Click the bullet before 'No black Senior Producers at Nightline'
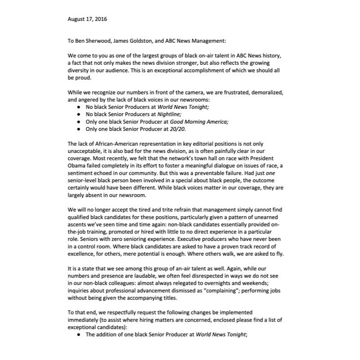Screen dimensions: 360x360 click(x=79, y=114)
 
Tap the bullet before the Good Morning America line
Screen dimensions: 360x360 click(x=79, y=121)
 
